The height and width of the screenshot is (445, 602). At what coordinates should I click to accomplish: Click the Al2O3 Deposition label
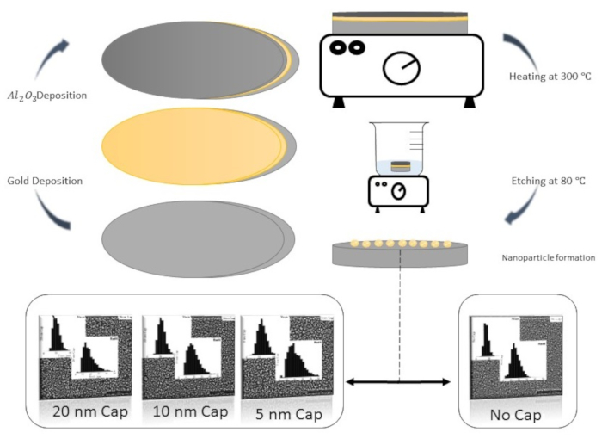pyautogui.click(x=51, y=95)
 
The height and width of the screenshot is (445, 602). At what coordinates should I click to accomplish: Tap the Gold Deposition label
pyautogui.click(x=45, y=181)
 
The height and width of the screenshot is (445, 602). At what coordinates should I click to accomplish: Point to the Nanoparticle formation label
pyautogui.click(x=548, y=257)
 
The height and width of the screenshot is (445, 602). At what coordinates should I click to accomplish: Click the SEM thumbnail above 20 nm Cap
pyautogui.click(x=85, y=352)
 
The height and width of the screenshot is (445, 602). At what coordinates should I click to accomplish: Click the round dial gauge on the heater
pyautogui.click(x=402, y=68)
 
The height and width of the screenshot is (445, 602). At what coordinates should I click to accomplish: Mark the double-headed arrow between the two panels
pyautogui.click(x=398, y=381)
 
